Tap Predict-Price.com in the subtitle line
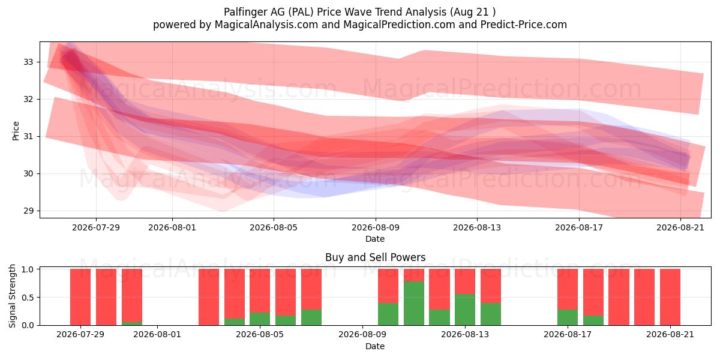524,25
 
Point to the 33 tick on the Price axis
28,62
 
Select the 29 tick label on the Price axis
28,211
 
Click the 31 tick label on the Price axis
28,137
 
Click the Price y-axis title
16,131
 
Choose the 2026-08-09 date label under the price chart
376,227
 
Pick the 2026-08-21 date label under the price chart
680,227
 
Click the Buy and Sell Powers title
375,257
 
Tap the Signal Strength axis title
12,296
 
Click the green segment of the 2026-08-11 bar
413,304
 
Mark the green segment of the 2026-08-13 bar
465,310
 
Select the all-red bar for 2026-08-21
670,297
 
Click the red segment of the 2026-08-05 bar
260,291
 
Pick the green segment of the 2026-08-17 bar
568,317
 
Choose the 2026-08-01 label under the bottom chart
157,335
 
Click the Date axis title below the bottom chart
375,346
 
